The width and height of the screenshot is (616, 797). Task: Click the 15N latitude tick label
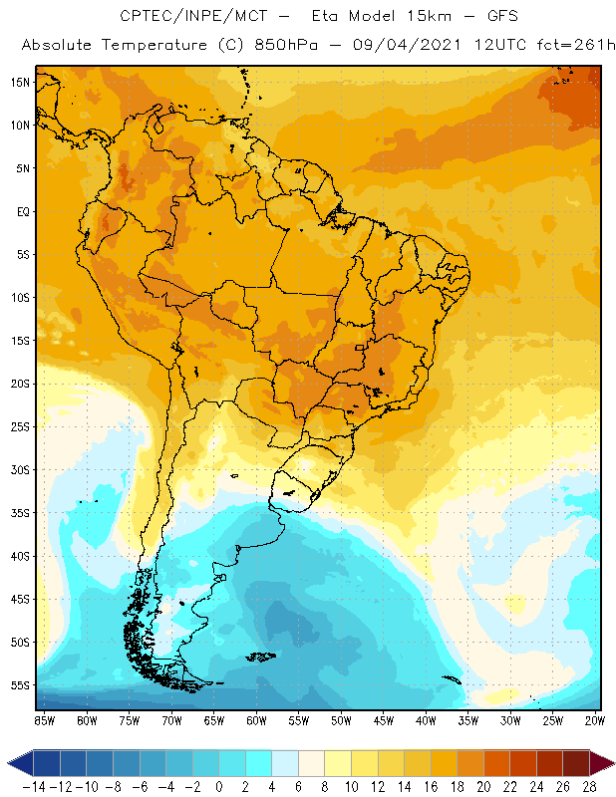[19, 82]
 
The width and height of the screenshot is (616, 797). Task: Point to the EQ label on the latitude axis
[20, 211]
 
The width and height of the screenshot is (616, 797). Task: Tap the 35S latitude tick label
[19, 512]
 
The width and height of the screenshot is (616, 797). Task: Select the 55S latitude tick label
[19, 684]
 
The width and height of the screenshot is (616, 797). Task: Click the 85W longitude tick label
[45, 718]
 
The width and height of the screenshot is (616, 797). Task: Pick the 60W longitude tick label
[256, 718]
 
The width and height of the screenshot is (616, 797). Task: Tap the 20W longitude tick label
[594, 718]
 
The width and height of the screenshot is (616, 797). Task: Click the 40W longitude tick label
[426, 718]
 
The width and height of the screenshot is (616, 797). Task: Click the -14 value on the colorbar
[34, 786]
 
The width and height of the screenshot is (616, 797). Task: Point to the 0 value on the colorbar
[219, 786]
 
